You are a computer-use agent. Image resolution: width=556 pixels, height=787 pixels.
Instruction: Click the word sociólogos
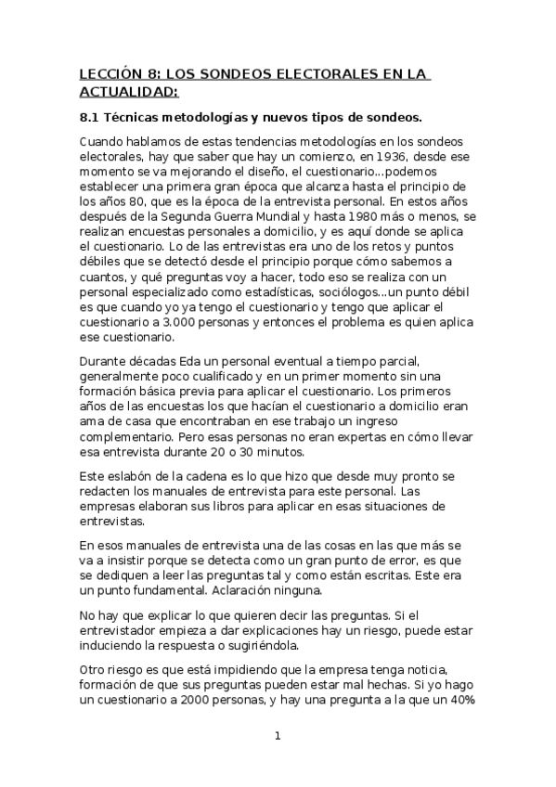[x=364, y=291]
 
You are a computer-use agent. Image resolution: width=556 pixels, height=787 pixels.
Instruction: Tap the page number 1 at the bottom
[x=277, y=737]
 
